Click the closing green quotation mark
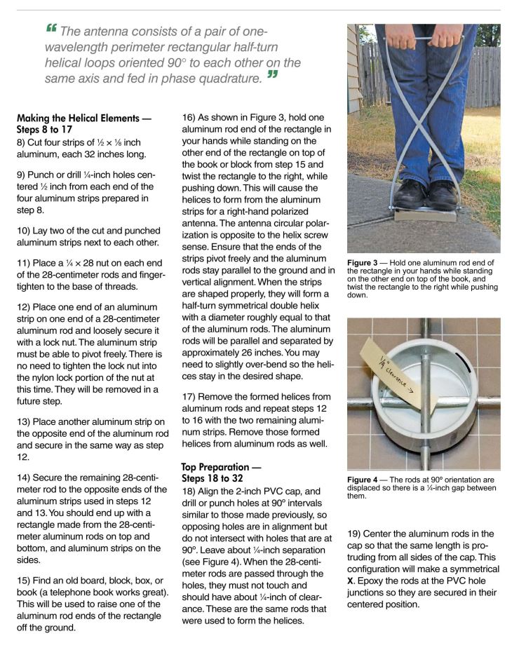point(271,75)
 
